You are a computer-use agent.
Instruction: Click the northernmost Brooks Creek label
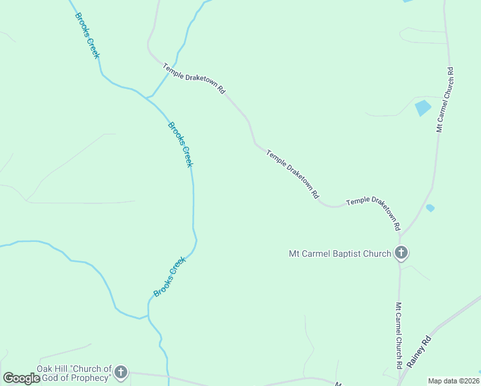coord(87,35)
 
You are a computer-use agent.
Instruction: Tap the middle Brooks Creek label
coord(180,144)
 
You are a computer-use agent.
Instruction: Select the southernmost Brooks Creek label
coord(170,277)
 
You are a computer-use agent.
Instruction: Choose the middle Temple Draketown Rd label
coord(293,174)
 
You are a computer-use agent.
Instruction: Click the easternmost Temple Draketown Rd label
coord(374,213)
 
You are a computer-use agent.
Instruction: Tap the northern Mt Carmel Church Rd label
coord(445,100)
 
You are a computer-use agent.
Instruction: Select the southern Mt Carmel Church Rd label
coord(399,335)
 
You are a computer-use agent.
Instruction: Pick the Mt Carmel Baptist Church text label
coord(340,253)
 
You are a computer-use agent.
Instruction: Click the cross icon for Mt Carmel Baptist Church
coord(401,252)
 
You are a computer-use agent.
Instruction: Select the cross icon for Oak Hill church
coord(121,372)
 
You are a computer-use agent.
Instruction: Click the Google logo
coord(22,378)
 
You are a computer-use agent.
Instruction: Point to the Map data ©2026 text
coord(453,381)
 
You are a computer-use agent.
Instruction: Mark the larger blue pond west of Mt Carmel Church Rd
coord(422,107)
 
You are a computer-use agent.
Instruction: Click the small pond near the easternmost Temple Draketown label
coord(430,208)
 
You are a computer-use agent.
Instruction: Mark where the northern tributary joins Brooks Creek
coord(149,98)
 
